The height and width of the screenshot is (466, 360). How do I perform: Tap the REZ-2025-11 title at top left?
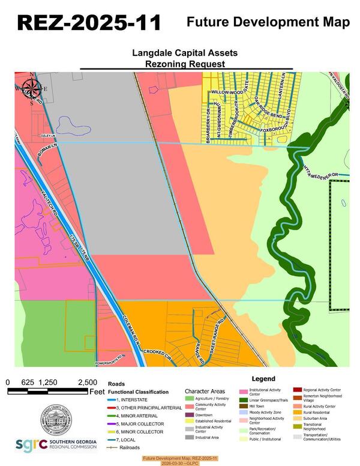[89, 22]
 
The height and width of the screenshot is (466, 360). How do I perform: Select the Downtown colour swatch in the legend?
[190, 416]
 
